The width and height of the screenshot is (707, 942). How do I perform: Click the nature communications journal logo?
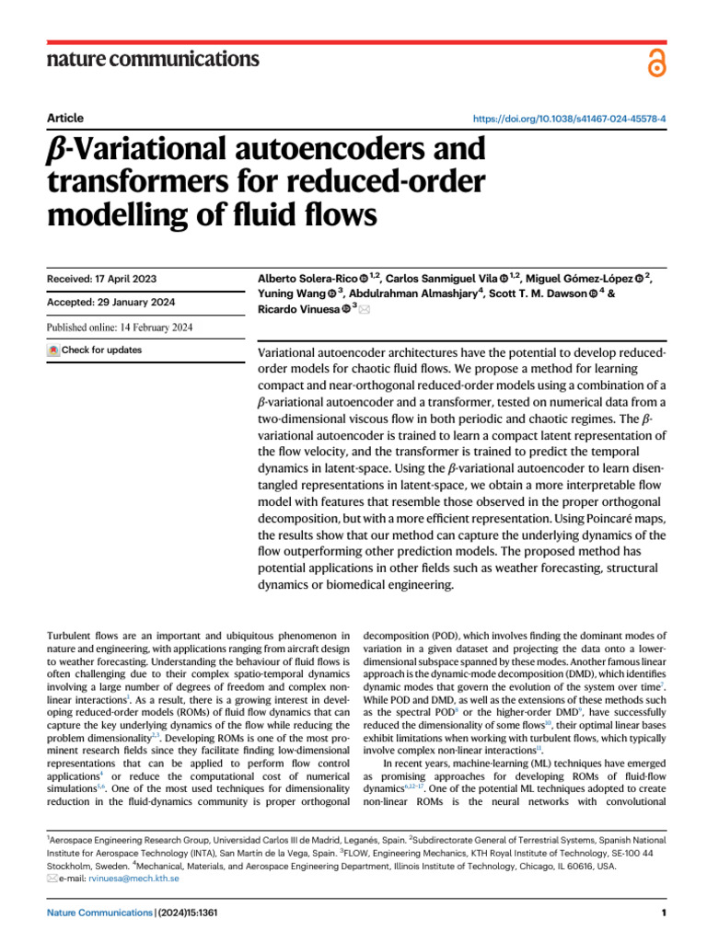click(152, 60)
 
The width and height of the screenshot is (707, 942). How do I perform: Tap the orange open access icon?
click(655, 63)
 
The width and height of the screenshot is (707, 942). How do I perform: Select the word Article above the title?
click(64, 118)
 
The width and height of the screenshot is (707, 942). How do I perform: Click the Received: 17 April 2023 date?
click(101, 278)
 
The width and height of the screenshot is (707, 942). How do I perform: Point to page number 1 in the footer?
click(663, 913)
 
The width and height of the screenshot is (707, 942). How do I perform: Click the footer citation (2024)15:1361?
click(187, 913)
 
